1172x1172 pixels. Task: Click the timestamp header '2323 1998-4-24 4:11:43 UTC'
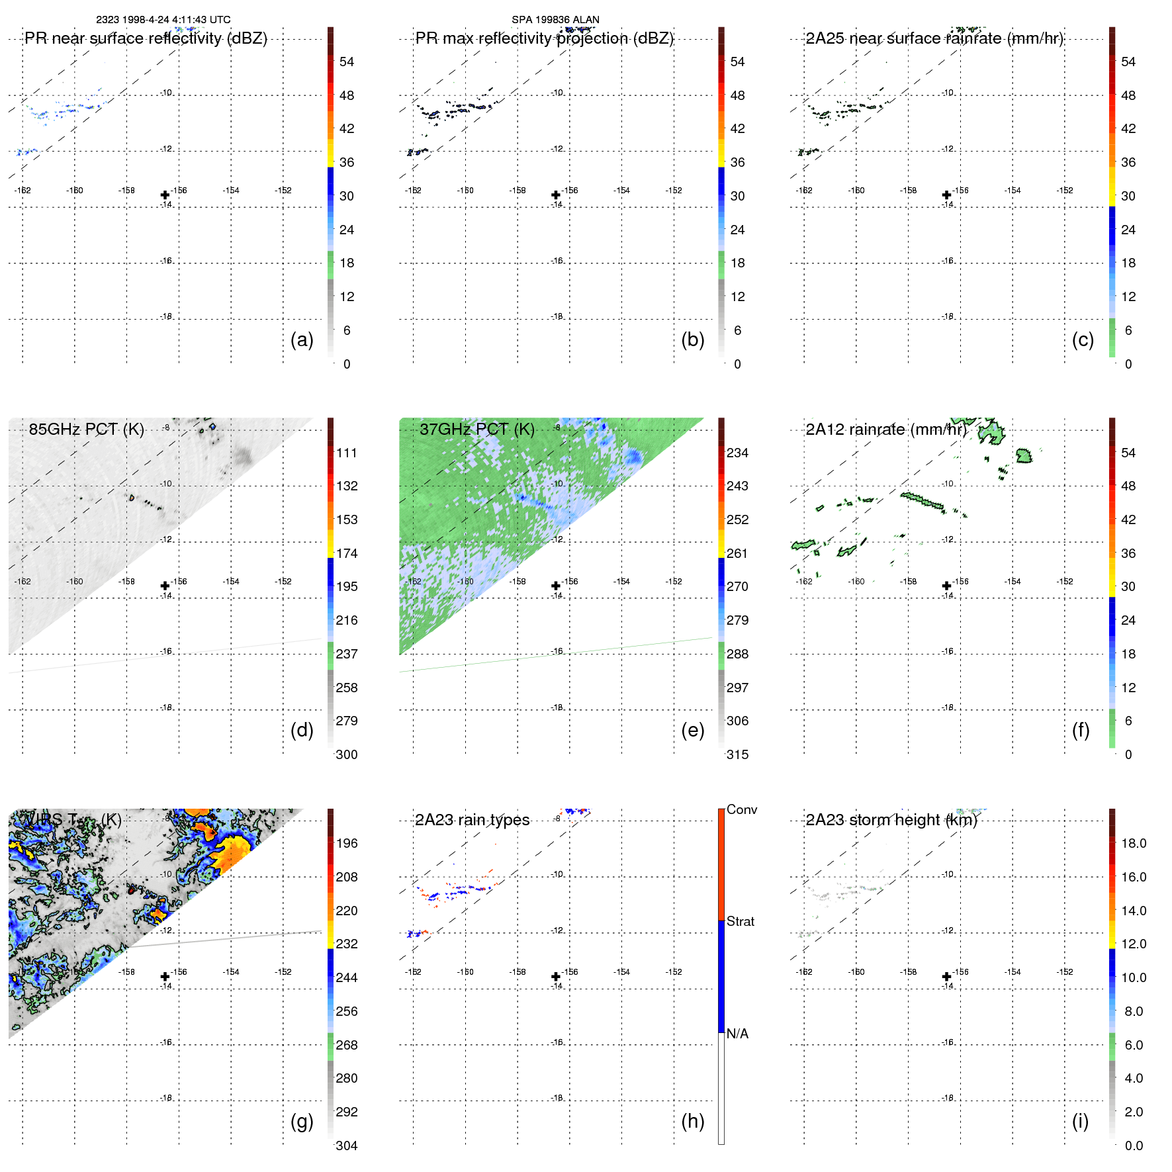[x=163, y=20]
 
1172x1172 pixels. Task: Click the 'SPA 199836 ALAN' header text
[x=555, y=20]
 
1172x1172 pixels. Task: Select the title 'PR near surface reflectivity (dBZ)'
[x=146, y=38]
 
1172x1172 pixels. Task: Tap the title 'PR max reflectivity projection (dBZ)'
[x=544, y=38]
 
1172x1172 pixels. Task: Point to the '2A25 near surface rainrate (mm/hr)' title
[x=934, y=38]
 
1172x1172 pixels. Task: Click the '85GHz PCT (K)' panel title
[x=86, y=429]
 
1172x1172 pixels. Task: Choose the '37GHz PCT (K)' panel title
[x=476, y=429]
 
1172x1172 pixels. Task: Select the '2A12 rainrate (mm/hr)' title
[x=886, y=429]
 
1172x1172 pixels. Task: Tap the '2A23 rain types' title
[x=472, y=820]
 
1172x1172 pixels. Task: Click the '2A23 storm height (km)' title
[x=891, y=820]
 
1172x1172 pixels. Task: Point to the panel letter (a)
[x=302, y=339]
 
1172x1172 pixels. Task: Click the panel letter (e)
[x=692, y=730]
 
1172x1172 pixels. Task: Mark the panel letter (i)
[x=1080, y=1121]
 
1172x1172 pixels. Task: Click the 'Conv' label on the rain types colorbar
[x=741, y=809]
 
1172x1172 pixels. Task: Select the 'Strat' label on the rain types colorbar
[x=740, y=921]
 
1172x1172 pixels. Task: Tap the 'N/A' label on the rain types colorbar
[x=737, y=1034]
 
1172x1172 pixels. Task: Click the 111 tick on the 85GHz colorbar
[x=347, y=453]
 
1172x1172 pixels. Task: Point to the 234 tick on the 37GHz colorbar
[x=737, y=453]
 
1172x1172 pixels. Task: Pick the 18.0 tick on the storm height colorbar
[x=1133, y=843]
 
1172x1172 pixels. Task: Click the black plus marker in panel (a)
[x=165, y=195]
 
